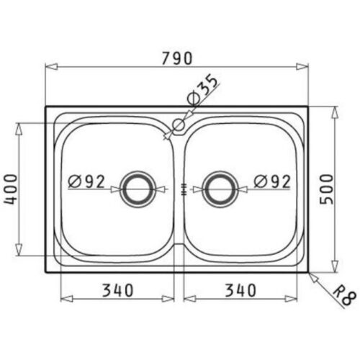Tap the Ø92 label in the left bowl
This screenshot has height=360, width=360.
point(87,181)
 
